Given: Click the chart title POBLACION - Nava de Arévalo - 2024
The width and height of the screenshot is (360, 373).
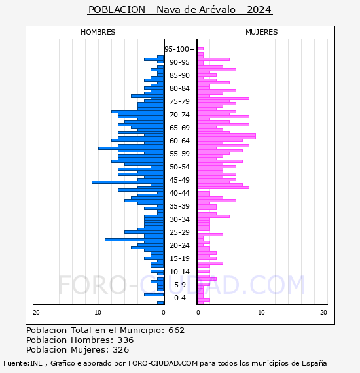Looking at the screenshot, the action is pyautogui.click(x=180, y=10).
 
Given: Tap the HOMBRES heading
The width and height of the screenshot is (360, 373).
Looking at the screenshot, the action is pyautogui.click(x=98, y=32).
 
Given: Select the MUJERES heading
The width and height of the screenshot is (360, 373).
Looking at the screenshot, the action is pyautogui.click(x=262, y=32).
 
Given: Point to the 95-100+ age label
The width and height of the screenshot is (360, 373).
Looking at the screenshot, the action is pyautogui.click(x=179, y=49).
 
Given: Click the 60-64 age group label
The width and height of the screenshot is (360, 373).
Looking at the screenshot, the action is pyautogui.click(x=179, y=141).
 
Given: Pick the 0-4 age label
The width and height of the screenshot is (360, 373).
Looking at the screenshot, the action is pyautogui.click(x=179, y=298).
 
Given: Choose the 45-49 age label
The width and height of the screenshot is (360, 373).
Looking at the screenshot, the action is pyautogui.click(x=179, y=180).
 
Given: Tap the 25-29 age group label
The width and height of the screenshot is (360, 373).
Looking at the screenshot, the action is pyautogui.click(x=179, y=232).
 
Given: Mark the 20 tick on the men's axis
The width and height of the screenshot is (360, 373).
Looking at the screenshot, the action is pyautogui.click(x=36, y=313).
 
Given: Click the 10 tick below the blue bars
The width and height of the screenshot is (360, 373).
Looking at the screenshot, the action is pyautogui.click(x=98, y=313).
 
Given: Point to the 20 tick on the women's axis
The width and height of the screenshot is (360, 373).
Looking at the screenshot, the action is pyautogui.click(x=323, y=313).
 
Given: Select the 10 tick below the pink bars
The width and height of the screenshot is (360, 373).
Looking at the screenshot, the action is pyautogui.click(x=262, y=313).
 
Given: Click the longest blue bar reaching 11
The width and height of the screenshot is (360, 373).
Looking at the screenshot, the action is pyautogui.click(x=128, y=182).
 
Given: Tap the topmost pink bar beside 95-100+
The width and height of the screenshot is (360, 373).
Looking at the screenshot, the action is pyautogui.click(x=200, y=49).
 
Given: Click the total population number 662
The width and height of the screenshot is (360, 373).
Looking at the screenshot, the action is pyautogui.click(x=176, y=330).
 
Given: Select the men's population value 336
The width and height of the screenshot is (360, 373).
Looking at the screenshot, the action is pyautogui.click(x=126, y=340).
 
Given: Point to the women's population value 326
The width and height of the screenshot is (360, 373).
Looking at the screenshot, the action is pyautogui.click(x=121, y=349).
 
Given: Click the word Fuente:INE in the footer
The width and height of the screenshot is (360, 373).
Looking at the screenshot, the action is pyautogui.click(x=23, y=363).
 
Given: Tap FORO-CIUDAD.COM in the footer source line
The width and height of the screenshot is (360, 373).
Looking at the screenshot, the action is pyautogui.click(x=163, y=363).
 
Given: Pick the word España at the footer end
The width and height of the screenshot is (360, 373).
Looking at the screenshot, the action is pyautogui.click(x=314, y=363).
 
